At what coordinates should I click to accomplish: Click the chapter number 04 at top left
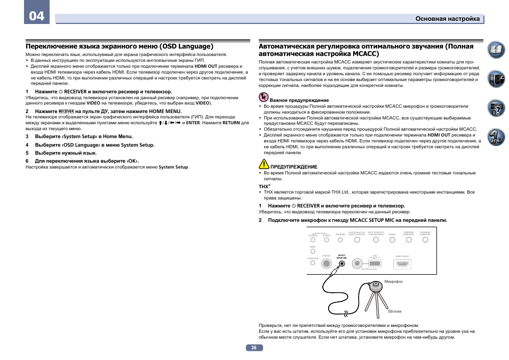pos(36,15)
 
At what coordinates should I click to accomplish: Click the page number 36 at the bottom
pos(254,348)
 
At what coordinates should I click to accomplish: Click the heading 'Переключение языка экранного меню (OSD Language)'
pos(120,46)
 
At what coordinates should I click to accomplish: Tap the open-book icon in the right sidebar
pos(496,51)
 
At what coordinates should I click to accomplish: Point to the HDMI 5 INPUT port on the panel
pos(402,263)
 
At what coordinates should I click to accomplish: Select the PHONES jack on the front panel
pos(327,263)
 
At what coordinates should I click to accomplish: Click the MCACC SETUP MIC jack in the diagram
pos(342,263)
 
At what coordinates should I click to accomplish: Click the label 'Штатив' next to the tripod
pos(394,311)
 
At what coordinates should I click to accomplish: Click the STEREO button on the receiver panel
pos(392,240)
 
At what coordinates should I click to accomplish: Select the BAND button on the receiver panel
pos(313,251)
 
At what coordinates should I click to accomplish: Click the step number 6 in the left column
pos(28,160)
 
